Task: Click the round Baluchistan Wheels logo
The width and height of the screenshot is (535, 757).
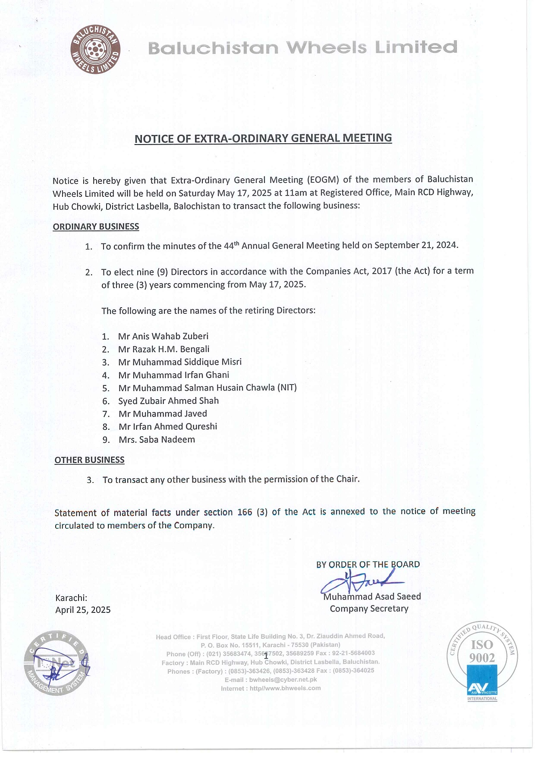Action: pyautogui.click(x=95, y=49)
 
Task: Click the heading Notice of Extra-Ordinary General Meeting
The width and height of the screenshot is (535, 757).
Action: pyautogui.click(x=263, y=139)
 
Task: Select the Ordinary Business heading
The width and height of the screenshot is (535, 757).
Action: pyautogui.click(x=96, y=227)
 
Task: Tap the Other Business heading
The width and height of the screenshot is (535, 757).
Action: pyautogui.click(x=89, y=460)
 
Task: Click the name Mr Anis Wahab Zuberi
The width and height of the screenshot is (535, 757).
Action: pyautogui.click(x=163, y=336)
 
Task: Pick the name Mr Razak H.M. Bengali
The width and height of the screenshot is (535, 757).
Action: pyautogui.click(x=164, y=349)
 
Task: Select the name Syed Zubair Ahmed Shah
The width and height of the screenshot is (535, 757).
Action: pyautogui.click(x=168, y=401)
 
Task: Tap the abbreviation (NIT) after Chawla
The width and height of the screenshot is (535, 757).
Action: pyautogui.click(x=287, y=388)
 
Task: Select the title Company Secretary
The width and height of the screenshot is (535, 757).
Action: pyautogui.click(x=369, y=609)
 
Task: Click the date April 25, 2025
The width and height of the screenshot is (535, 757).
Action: pyautogui.click(x=83, y=610)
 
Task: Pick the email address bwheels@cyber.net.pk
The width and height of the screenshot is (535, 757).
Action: pyautogui.click(x=283, y=679)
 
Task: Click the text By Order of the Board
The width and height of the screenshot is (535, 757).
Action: pyautogui.click(x=368, y=565)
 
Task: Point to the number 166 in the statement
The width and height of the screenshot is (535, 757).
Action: pyautogui.click(x=245, y=512)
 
